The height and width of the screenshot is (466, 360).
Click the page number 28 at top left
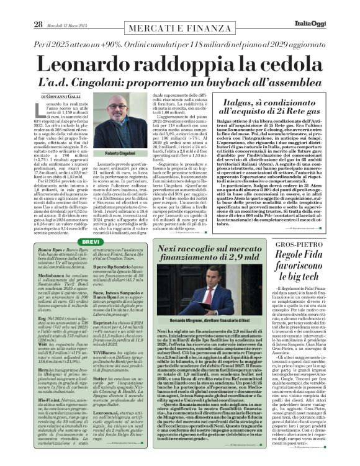(x=20, y=7)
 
